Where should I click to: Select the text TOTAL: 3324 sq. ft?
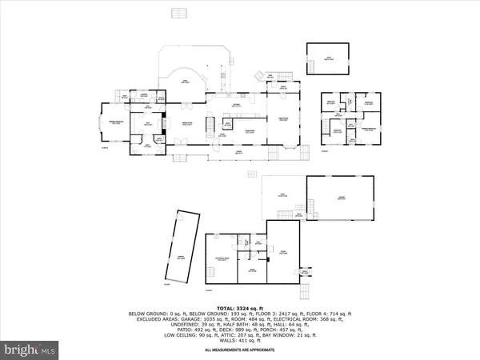click(x=239, y=307)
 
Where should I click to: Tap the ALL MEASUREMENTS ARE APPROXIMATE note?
click(x=239, y=350)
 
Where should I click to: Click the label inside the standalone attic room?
click(x=327, y=58)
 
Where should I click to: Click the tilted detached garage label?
click(x=182, y=258)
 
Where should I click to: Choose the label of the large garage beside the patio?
click(x=342, y=198)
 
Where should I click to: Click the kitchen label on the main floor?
click(x=237, y=105)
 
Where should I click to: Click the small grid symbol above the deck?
click(x=178, y=14)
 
